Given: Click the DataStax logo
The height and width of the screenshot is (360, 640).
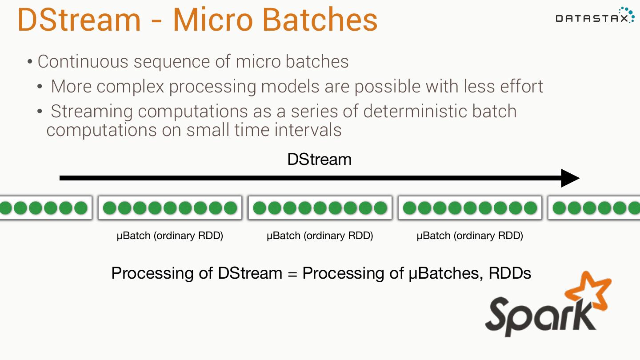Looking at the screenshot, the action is point(595,16).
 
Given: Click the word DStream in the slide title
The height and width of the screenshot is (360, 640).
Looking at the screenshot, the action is point(79,20).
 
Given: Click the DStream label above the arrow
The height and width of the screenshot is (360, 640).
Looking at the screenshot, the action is point(319,160).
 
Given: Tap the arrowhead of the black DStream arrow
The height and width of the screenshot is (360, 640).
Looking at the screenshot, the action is point(571,178).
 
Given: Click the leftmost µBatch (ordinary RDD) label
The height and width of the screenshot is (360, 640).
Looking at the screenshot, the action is point(170,236).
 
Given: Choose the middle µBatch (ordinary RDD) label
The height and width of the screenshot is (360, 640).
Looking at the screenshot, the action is point(320,236).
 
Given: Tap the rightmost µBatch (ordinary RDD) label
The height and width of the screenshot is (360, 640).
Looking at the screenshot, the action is point(470,236).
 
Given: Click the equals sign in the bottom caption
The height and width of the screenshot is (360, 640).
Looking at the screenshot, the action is point(292,273).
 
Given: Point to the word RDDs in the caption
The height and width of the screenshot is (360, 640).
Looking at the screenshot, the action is point(510,273).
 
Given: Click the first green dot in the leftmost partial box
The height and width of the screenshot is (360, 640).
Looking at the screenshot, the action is point(5,208).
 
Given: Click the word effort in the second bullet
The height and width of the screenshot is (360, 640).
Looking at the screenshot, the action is point(522,86).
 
